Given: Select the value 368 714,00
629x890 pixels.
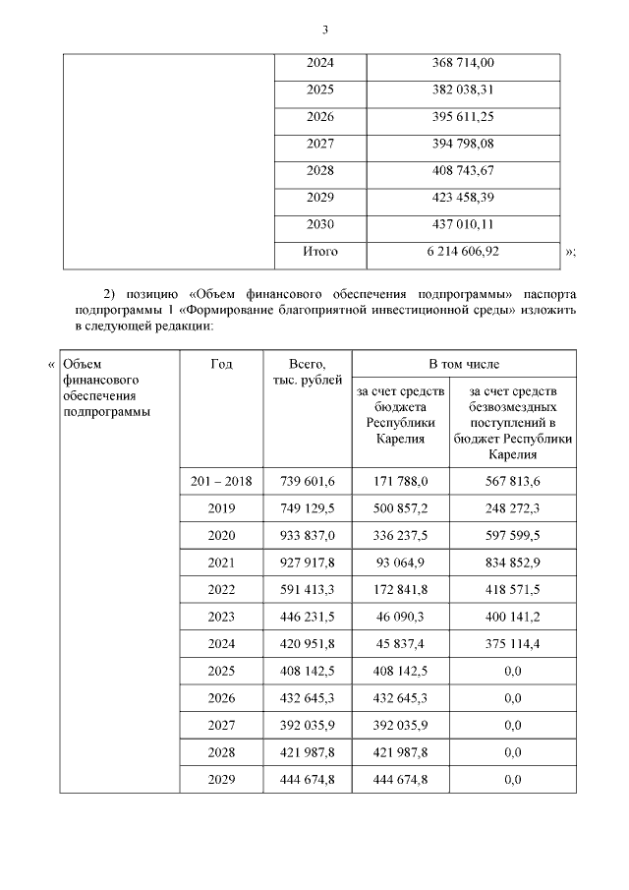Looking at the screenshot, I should (463, 63).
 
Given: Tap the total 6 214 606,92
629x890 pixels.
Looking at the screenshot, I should (463, 252).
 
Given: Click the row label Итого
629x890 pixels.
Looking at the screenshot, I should (319, 252).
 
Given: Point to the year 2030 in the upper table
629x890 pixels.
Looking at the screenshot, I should (319, 224).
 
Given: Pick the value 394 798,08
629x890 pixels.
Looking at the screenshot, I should (463, 144).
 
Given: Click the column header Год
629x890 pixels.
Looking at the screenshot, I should (222, 364).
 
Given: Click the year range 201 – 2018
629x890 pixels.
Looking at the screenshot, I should (222, 481).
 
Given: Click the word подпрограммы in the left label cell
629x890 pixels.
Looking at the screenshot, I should (106, 411).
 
